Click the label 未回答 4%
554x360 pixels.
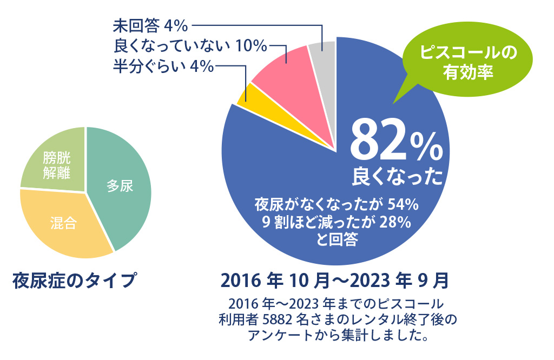pyautogui.click(x=150, y=25)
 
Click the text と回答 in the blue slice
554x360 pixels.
pyautogui.click(x=337, y=239)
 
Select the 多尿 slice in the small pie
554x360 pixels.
pyautogui.click(x=120, y=186)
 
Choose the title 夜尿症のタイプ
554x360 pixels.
pyautogui.click(x=74, y=281)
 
